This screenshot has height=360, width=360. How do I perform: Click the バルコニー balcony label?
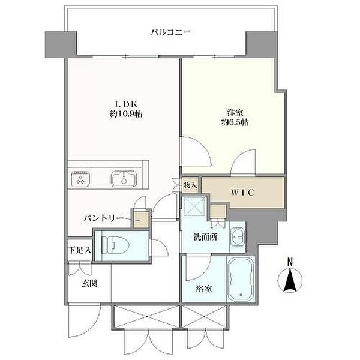(x=170, y=32)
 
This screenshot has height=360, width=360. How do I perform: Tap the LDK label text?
(x=126, y=104)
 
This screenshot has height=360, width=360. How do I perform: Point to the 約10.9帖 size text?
(x=126, y=113)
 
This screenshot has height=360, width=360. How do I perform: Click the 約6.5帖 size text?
(x=235, y=122)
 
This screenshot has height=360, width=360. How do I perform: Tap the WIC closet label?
(x=242, y=193)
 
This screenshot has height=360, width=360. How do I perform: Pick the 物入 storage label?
(x=190, y=185)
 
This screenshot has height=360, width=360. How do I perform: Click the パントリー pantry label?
(x=103, y=218)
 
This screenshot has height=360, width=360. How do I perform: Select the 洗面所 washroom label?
(x=205, y=237)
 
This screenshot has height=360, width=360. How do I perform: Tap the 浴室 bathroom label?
(x=204, y=289)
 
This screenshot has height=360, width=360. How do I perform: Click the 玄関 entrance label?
(x=89, y=284)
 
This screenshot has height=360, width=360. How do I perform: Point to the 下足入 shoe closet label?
(x=80, y=250)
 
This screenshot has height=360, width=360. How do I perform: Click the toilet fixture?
(x=115, y=245)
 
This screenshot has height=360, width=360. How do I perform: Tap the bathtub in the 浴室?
(x=241, y=279)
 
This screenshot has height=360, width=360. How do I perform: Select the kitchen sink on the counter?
(x=124, y=179)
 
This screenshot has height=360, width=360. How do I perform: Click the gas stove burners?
(x=80, y=179)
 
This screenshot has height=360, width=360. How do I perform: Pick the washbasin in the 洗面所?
(x=238, y=236)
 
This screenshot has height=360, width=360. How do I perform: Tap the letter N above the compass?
(x=290, y=262)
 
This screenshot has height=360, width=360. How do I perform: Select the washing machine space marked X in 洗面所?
(x=194, y=206)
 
